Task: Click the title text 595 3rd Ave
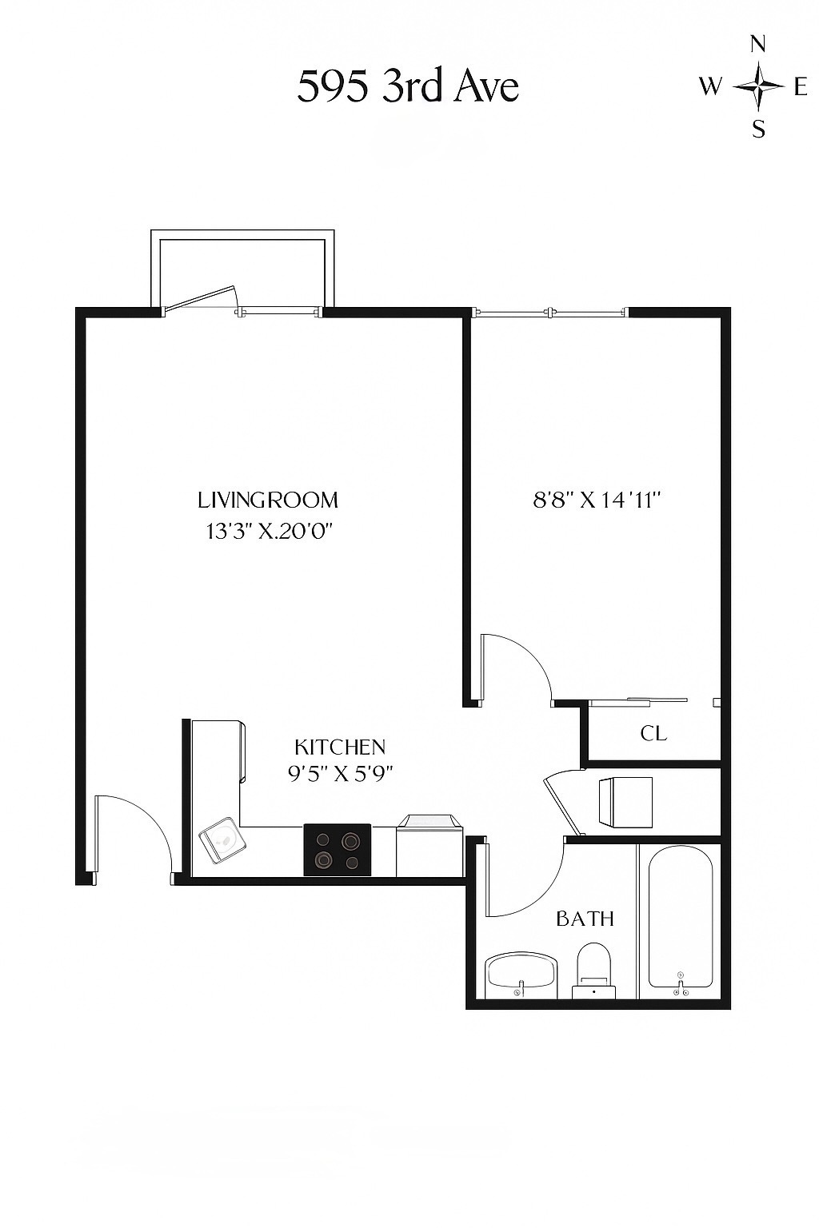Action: pyautogui.click(x=408, y=86)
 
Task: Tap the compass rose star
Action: pyautogui.click(x=758, y=86)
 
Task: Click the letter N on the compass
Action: pyautogui.click(x=758, y=45)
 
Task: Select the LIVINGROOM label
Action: pyautogui.click(x=268, y=500)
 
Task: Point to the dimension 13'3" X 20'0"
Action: pyautogui.click(x=268, y=531)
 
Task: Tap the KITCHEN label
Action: pyautogui.click(x=340, y=747)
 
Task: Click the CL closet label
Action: pyautogui.click(x=653, y=733)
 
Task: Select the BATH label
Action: pyautogui.click(x=585, y=919)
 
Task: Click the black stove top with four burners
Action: pyautogui.click(x=337, y=850)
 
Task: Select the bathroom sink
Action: pyautogui.click(x=521, y=974)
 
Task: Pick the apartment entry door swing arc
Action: pyautogui.click(x=136, y=831)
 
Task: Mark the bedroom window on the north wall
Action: pyautogui.click(x=549, y=313)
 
